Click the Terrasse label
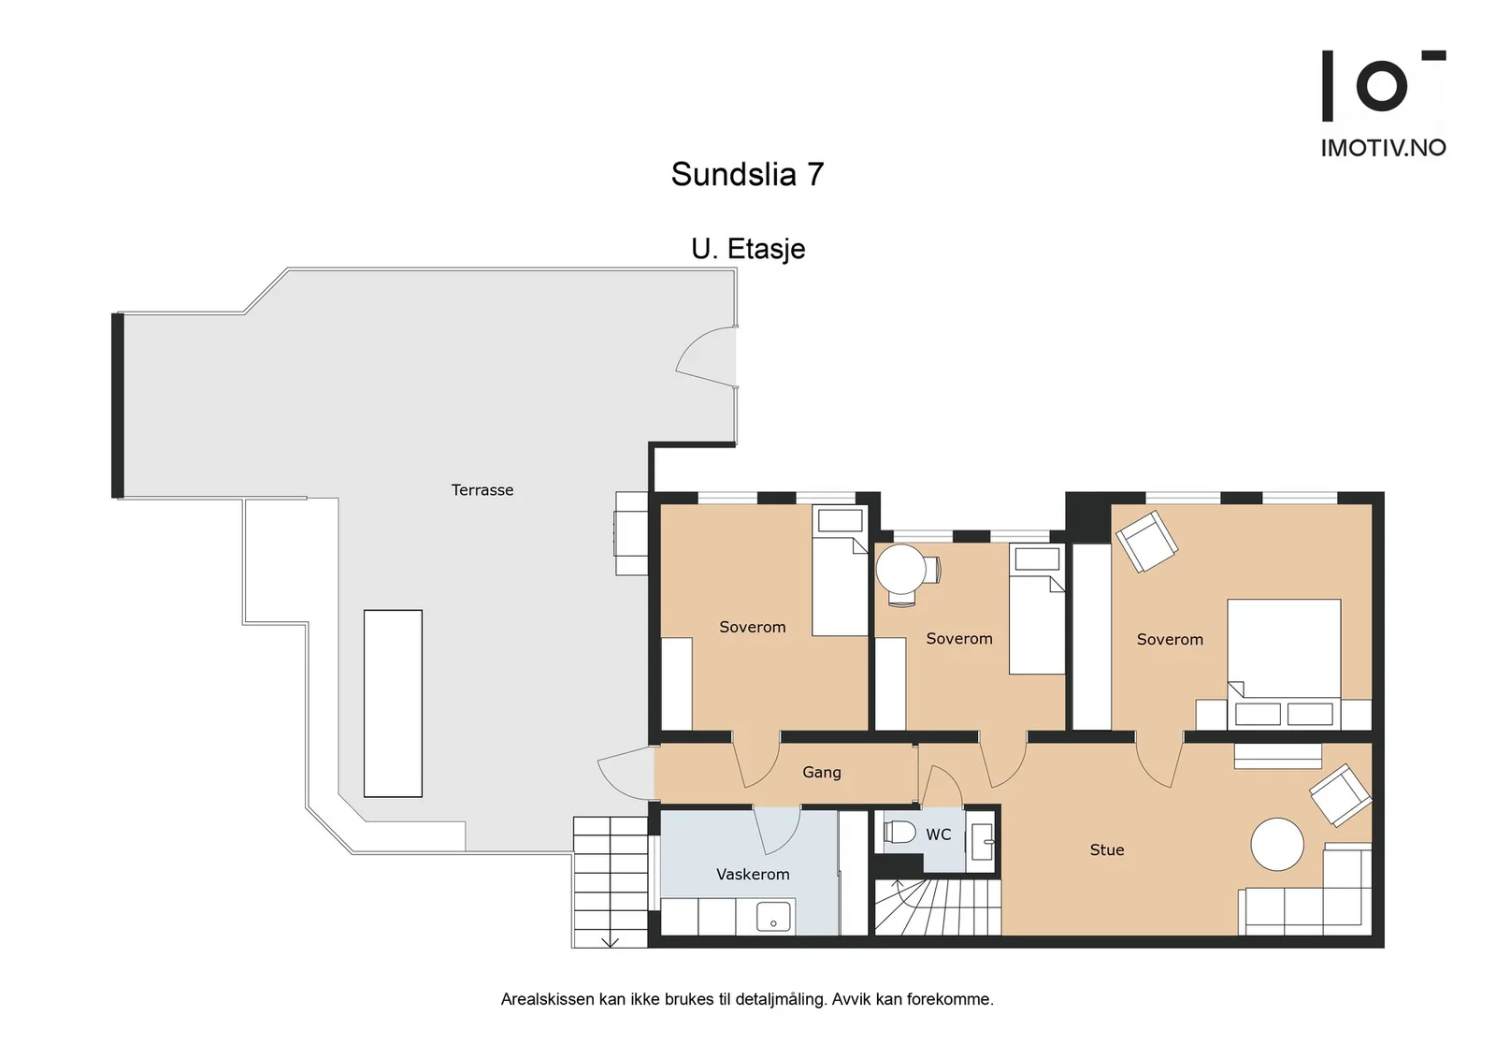(482, 490)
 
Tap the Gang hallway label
(822, 773)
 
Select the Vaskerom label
(753, 874)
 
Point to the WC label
(939, 834)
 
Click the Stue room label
(1107, 849)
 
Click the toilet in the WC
(899, 833)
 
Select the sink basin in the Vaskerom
(773, 916)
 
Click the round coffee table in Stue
(1277, 845)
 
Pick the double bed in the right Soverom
(1284, 664)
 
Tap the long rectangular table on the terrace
(393, 703)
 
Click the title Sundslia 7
(747, 174)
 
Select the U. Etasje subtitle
(748, 249)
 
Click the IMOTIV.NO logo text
(1383, 149)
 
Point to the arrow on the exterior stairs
(610, 941)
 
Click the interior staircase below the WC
(938, 907)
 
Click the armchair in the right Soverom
(1146, 541)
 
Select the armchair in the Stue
(1341, 795)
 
